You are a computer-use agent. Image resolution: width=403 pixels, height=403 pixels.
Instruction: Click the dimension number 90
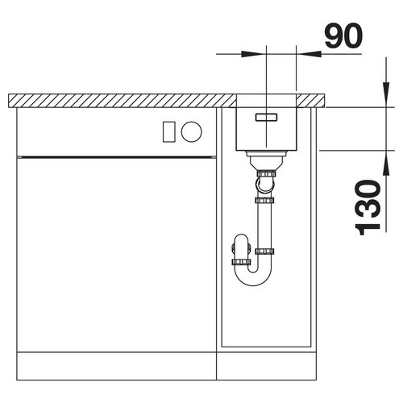(343, 35)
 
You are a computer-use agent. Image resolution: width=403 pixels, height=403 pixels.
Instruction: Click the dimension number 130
(368, 207)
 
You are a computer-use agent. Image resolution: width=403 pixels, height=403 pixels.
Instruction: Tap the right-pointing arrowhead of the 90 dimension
(252, 54)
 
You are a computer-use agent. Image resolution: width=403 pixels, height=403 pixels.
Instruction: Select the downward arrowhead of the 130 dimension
(386, 95)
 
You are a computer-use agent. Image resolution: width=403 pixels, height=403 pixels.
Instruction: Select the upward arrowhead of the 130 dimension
(386, 164)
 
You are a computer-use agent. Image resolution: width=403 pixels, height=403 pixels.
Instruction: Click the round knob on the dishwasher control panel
(191, 131)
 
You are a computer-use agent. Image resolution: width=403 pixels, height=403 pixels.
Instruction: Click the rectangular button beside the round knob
(169, 131)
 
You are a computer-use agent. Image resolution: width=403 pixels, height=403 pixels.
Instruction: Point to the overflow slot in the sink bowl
(266, 117)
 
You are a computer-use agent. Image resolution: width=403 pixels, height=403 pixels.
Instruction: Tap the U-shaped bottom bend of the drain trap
(253, 280)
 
